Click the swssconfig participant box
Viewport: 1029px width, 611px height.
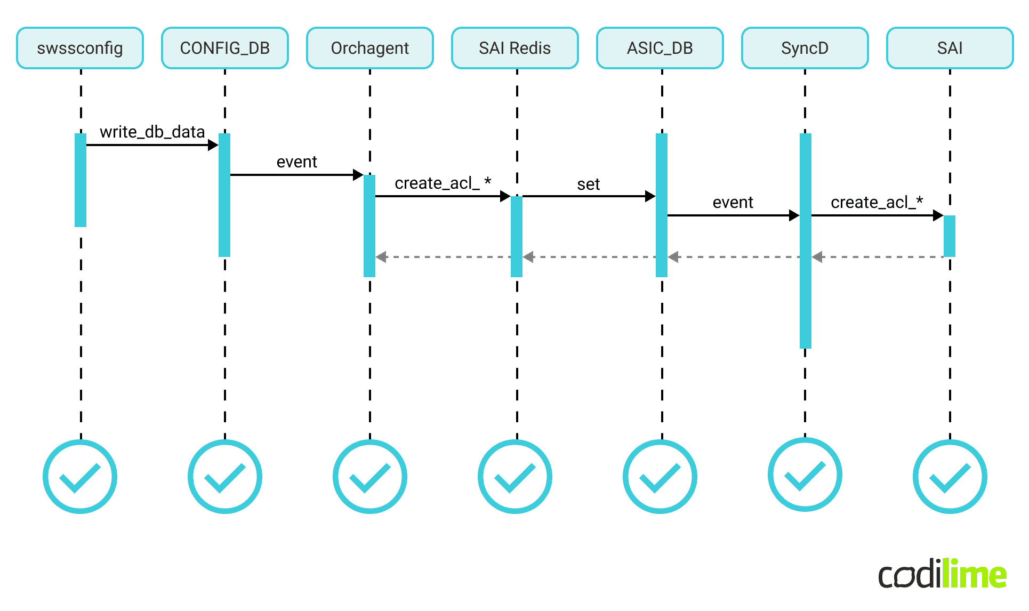coord(80,48)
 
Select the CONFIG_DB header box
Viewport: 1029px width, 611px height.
coord(225,48)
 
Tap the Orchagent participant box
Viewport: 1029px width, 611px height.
coord(370,48)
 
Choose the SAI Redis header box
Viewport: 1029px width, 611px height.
coord(515,48)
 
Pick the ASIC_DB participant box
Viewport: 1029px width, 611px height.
coord(660,48)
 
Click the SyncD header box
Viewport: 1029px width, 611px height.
coord(805,48)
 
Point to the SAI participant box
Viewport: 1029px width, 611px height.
coord(950,48)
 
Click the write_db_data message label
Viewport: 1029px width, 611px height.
coord(152,132)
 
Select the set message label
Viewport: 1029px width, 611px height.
coord(589,184)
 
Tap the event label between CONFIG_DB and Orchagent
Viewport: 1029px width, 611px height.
coord(296,162)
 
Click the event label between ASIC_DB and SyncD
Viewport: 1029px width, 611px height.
coord(733,203)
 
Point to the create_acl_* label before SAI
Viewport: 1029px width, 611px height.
coord(877,203)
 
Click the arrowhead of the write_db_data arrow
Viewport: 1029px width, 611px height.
coord(213,145)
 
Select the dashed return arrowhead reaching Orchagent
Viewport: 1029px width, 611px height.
coord(381,257)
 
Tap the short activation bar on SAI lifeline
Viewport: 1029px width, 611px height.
coord(950,236)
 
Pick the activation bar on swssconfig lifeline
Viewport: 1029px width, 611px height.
coord(81,180)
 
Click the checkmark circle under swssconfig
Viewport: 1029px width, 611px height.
coord(80,477)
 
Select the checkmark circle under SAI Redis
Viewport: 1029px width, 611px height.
coord(515,477)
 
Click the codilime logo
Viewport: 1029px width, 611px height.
coord(942,574)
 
